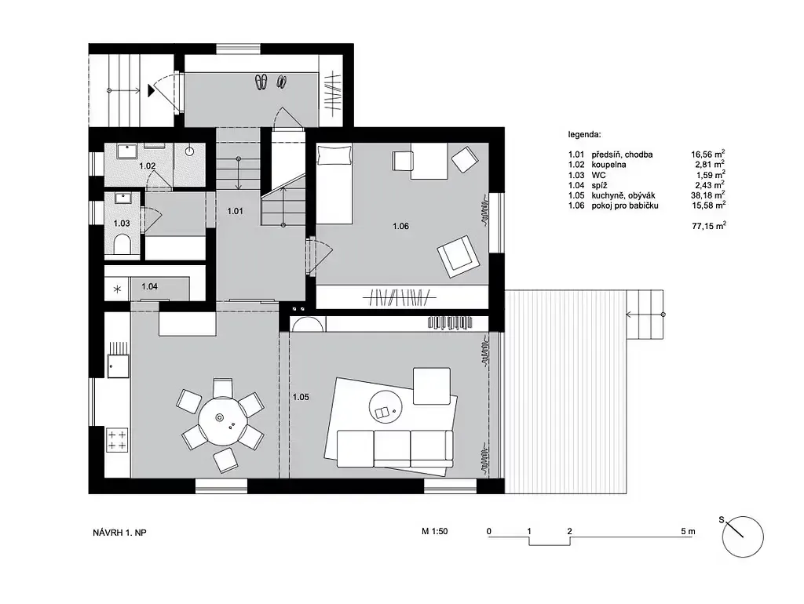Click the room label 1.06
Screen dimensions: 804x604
400,226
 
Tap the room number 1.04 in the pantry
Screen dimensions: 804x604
149,286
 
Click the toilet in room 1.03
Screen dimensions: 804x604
122,245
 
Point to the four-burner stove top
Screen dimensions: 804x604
118,440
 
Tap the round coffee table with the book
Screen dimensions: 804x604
386,408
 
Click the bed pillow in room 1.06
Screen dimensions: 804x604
334,155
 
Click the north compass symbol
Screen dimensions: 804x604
742,537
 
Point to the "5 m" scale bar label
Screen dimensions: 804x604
688,531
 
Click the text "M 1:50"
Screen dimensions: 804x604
434,531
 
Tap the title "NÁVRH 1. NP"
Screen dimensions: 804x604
119,533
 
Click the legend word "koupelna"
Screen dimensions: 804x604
608,165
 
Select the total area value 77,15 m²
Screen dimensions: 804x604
709,225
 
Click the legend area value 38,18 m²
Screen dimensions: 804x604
708,195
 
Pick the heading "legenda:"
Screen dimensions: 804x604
584,135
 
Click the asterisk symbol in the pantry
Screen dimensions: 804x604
118,289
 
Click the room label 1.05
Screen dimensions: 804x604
301,397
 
